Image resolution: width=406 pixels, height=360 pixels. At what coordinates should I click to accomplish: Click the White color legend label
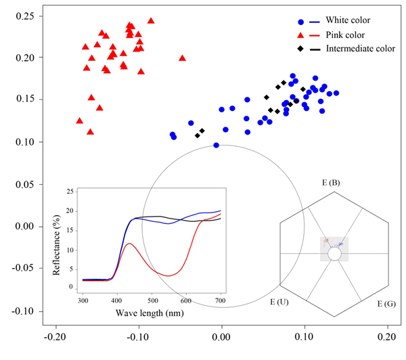[348, 20]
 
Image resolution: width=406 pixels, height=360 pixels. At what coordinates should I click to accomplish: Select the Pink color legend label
[345, 35]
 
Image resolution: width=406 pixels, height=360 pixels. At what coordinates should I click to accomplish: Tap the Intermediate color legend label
[361, 49]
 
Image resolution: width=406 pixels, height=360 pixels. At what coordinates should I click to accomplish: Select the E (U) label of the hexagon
[279, 302]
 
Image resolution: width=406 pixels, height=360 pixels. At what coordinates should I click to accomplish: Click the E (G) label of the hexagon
[387, 305]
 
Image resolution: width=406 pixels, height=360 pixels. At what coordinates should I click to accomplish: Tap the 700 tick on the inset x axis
[221, 299]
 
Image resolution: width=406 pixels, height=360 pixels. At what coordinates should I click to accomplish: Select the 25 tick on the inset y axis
[70, 192]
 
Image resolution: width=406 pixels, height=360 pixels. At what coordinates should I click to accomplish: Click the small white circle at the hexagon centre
[334, 254]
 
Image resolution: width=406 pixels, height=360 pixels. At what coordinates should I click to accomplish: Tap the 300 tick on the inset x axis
[83, 299]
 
